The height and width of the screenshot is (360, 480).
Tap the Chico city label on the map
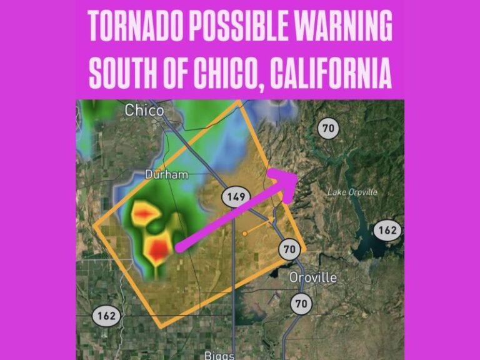pyautogui.click(x=144, y=111)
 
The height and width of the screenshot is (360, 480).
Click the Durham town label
pyautogui.click(x=166, y=175)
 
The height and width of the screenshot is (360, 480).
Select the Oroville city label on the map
pyautogui.click(x=312, y=277)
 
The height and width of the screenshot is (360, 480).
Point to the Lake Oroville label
pyautogui.click(x=352, y=192)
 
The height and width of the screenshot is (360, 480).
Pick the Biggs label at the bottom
pyautogui.click(x=219, y=355)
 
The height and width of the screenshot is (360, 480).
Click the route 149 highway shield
pyautogui.click(x=236, y=197)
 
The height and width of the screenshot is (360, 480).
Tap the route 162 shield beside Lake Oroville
pyautogui.click(x=387, y=230)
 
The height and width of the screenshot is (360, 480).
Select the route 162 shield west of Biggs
pyautogui.click(x=106, y=316)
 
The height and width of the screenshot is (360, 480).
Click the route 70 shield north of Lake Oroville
pyautogui.click(x=328, y=129)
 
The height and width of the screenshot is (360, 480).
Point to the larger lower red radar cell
pyautogui.click(x=159, y=248)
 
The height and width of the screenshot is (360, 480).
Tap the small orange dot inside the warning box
pyautogui.click(x=245, y=234)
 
